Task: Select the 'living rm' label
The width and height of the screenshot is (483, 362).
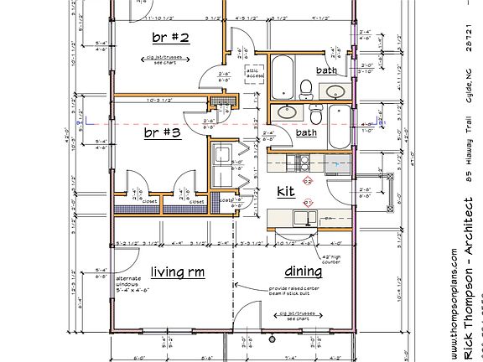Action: [177, 271]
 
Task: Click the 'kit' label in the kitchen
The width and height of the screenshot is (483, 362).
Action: [285, 192]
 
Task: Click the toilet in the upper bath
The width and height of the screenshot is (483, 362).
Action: [307, 86]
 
